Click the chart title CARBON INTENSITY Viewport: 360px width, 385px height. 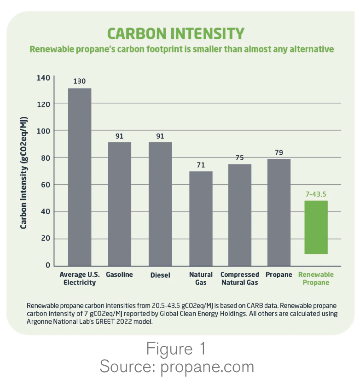tap(175, 34)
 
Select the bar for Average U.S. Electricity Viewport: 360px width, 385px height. tap(80, 177)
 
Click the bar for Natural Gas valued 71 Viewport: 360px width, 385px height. tap(201, 218)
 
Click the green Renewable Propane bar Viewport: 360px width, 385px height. tap(316, 227)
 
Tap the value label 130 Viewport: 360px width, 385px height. tap(80, 81)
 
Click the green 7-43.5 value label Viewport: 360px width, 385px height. tap(316, 194)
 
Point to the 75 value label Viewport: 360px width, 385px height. tap(240, 157)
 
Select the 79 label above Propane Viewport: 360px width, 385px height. tap(279, 152)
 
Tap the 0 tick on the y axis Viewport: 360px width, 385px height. tap(47, 266)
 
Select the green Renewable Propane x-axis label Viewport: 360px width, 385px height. tap(316, 279)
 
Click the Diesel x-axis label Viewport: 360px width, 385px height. tap(160, 275)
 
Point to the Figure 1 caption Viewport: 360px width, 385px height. tap(176, 350)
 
